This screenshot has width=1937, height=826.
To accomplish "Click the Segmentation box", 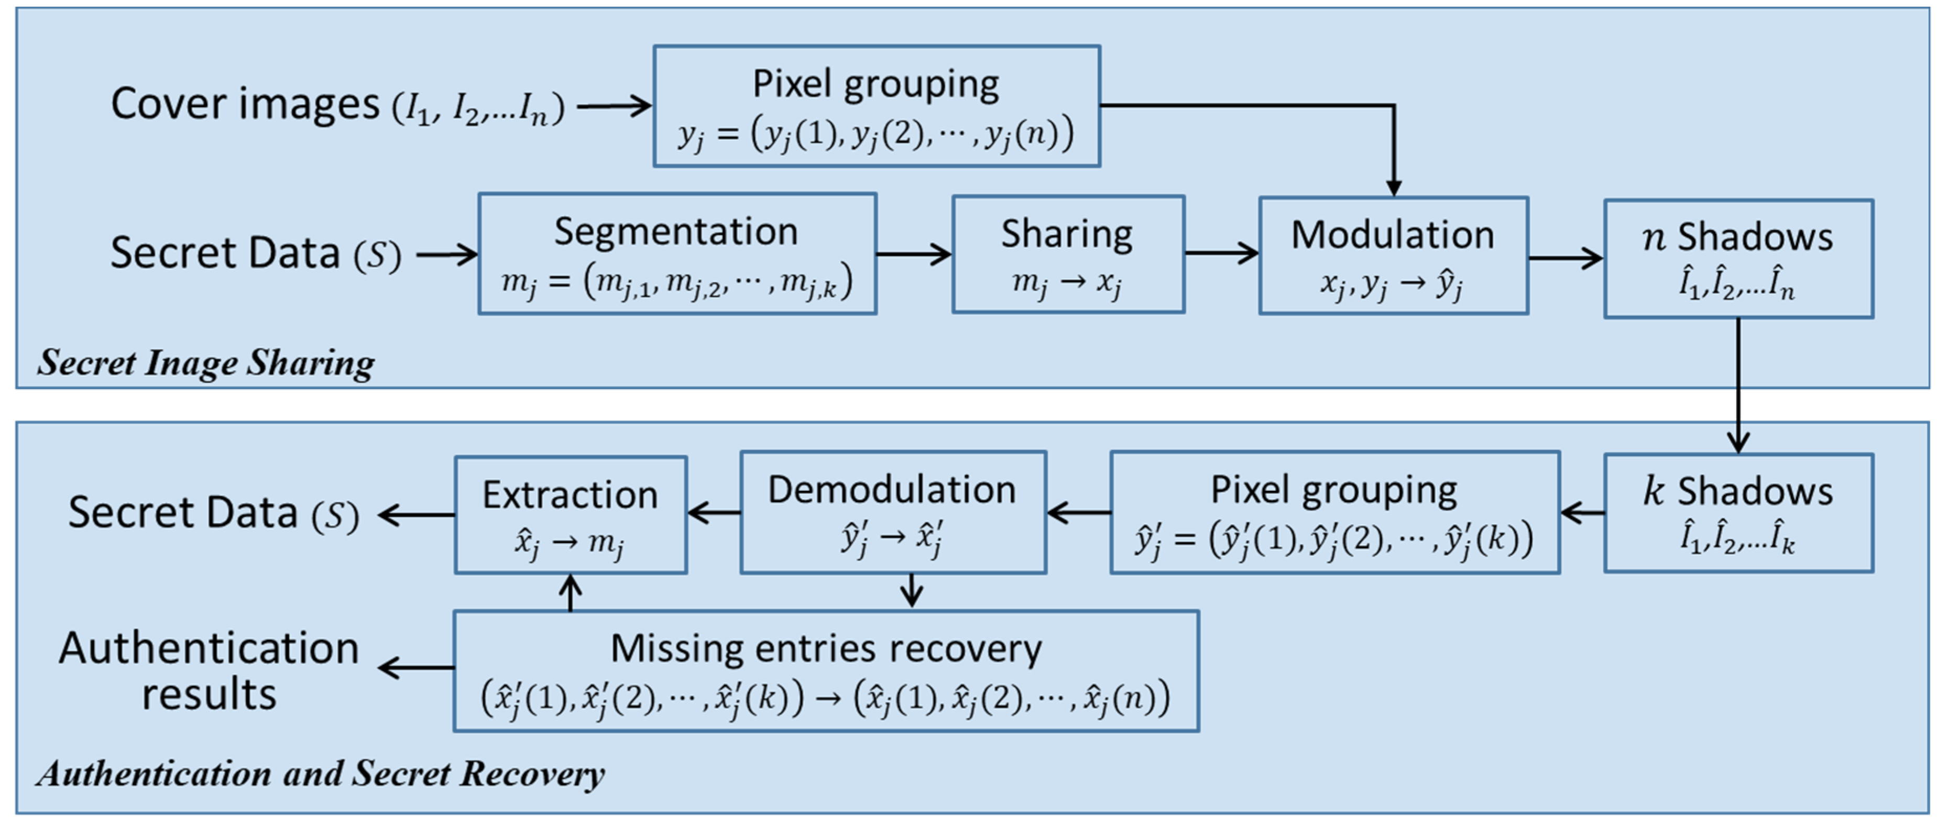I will pyautogui.click(x=677, y=254).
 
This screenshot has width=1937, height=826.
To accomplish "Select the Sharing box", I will pyautogui.click(x=1068, y=254).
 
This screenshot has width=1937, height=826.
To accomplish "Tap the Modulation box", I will pyautogui.click(x=1393, y=256).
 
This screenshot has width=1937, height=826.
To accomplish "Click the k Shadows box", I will pyautogui.click(x=1738, y=513).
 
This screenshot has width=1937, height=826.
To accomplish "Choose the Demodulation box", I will pyautogui.click(x=893, y=513).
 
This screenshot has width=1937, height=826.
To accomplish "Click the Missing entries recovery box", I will pyautogui.click(x=826, y=670).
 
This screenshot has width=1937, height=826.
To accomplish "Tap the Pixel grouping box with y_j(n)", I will pyautogui.click(x=876, y=106).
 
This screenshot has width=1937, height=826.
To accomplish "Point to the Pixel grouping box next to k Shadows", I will pyautogui.click(x=1334, y=513).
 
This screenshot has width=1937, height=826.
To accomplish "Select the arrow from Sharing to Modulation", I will pyautogui.click(x=1221, y=254).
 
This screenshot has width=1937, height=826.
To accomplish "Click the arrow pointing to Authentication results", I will pyautogui.click(x=416, y=667).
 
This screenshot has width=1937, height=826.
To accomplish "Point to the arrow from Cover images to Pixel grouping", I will pyautogui.click(x=614, y=106).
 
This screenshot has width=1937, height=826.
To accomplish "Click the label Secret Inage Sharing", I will pyautogui.click(x=205, y=363).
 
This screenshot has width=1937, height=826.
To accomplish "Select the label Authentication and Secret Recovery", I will pyautogui.click(x=320, y=774).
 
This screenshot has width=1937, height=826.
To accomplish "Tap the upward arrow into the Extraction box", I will pyautogui.click(x=571, y=592).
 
